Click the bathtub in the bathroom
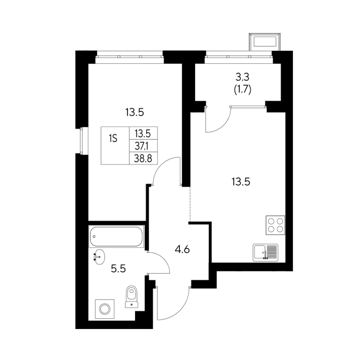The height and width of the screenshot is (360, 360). [x=116, y=236]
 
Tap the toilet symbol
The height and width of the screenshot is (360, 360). [x=132, y=296]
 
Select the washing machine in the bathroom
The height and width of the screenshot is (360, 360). [x=105, y=309]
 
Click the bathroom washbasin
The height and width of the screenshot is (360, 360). [x=99, y=257]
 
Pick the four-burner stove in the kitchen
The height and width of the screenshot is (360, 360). [x=275, y=225]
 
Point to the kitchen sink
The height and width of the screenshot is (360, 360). [x=265, y=253]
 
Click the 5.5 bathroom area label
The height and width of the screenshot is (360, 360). [x=118, y=269]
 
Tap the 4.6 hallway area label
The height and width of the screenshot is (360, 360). [x=182, y=249]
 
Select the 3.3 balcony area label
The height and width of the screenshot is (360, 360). [x=242, y=77]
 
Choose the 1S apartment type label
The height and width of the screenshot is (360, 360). [x=113, y=139]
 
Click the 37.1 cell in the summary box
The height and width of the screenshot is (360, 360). [x=143, y=146]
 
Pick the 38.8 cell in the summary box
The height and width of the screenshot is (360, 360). [x=143, y=158]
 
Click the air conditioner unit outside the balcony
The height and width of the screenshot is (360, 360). [x=265, y=42]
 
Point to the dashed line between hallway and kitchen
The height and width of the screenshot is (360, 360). [x=190, y=204]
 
